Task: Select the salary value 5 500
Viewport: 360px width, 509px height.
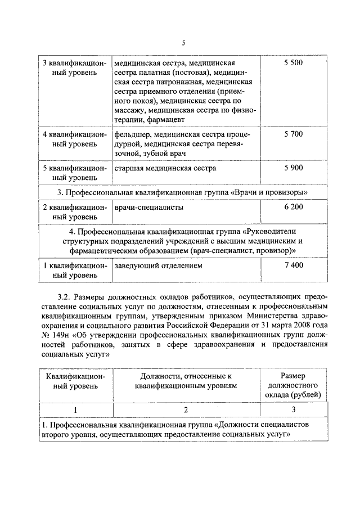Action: [x=293, y=62]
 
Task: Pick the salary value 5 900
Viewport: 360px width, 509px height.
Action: [x=293, y=168]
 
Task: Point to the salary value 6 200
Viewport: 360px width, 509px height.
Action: [x=293, y=208]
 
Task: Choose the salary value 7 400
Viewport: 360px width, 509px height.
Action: [x=293, y=265]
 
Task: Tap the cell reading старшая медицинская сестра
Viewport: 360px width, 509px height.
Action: [x=165, y=168]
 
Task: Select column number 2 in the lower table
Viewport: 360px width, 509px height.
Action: [x=185, y=409]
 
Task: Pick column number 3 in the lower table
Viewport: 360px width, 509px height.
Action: [x=293, y=409]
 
